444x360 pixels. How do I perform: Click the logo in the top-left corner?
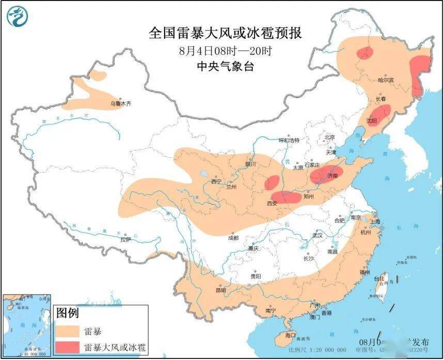(17, 17)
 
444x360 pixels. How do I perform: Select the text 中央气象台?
(225, 67)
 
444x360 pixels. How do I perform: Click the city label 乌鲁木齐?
(120, 104)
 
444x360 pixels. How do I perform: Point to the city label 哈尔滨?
(385, 80)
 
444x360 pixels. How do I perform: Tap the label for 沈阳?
(372, 120)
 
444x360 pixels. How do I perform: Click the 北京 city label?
(329, 137)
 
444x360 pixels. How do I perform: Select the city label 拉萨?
(125, 239)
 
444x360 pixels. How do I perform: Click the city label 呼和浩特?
(289, 140)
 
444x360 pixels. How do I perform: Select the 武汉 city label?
(316, 235)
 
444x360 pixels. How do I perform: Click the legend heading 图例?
(68, 313)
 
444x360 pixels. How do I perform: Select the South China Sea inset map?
(26, 325)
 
